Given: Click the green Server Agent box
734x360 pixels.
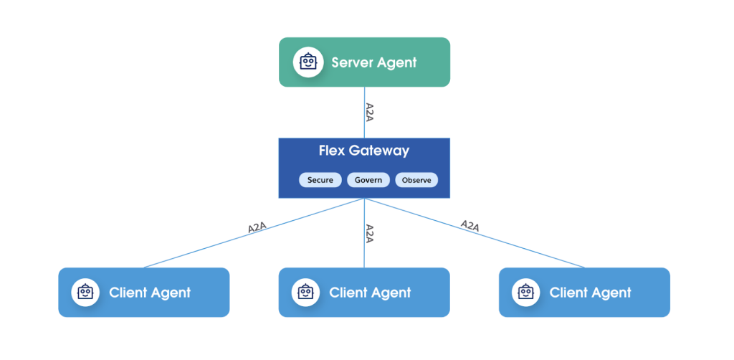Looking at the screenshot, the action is (364, 62).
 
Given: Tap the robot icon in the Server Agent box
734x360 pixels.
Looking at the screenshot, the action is (308, 62).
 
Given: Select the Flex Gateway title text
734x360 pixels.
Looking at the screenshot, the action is (364, 151).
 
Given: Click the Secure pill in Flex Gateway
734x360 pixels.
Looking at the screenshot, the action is (320, 180).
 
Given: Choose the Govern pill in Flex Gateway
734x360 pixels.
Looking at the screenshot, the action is (368, 180).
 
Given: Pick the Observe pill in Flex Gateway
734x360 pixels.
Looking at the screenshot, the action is (416, 180).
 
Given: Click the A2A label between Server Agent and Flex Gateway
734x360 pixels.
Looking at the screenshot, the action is (369, 113).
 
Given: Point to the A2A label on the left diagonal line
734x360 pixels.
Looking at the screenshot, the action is (257, 228).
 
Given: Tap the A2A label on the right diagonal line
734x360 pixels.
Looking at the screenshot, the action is (470, 226).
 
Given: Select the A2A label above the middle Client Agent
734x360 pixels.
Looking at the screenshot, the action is (369, 234).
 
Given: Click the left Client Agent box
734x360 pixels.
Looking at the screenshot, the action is (143, 293).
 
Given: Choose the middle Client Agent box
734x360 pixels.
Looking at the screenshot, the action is (364, 293).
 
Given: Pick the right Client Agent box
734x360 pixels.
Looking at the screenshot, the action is (585, 293).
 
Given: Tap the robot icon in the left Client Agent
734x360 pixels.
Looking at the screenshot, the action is (85, 293).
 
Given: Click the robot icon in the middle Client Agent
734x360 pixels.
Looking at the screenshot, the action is (305, 293).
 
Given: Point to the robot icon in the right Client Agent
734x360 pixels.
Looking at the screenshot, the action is (526, 293).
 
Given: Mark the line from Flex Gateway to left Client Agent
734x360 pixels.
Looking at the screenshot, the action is (254, 233).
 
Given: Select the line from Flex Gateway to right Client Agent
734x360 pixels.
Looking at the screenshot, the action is (475, 233).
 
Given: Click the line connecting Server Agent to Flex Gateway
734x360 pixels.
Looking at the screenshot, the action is (365, 113).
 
